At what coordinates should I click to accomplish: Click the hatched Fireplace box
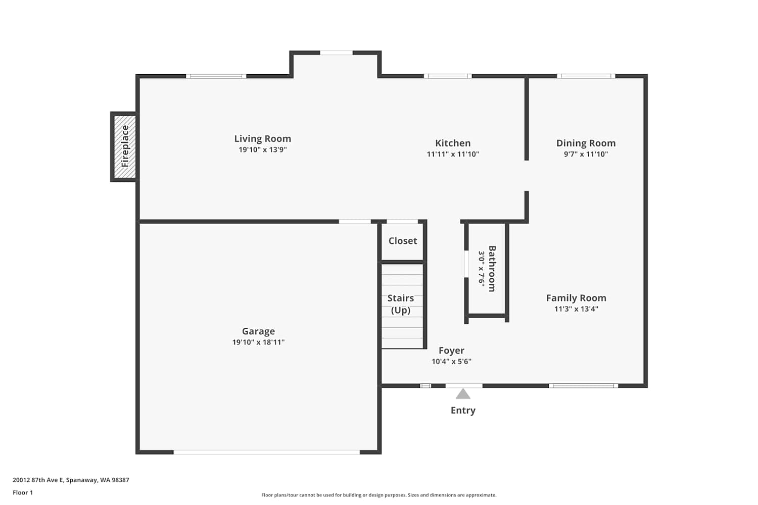(x=125, y=146)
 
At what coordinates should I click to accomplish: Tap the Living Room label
(x=263, y=139)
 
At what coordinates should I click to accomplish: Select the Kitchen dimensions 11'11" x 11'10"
(x=453, y=154)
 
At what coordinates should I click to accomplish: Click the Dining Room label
(x=586, y=143)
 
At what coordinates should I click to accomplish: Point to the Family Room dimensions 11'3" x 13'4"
(x=576, y=309)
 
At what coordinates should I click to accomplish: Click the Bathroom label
(x=492, y=269)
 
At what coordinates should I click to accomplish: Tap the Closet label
(x=403, y=241)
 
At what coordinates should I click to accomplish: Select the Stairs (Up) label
(x=401, y=304)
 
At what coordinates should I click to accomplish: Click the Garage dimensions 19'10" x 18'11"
(x=258, y=342)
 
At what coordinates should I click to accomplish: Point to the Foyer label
(x=451, y=350)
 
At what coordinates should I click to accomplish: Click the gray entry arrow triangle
(x=463, y=394)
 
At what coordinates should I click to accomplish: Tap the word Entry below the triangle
(x=463, y=410)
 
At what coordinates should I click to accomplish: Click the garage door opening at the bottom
(x=267, y=452)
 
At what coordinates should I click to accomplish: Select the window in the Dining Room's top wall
(x=586, y=76)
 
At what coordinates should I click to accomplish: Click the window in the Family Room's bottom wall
(x=583, y=386)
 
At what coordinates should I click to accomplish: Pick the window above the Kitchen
(x=448, y=76)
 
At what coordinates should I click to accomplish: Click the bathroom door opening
(x=466, y=264)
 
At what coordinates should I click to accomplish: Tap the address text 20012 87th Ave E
(x=38, y=480)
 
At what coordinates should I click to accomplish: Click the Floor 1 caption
(x=23, y=492)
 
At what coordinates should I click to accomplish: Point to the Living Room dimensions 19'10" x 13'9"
(x=263, y=150)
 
